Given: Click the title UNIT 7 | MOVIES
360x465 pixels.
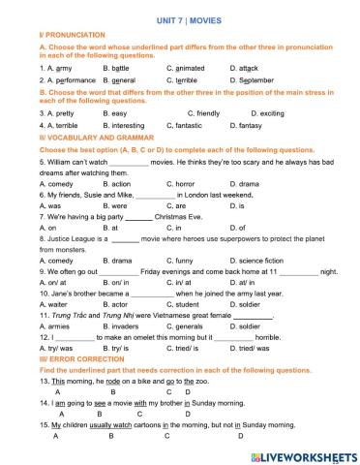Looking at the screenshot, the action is point(180,19).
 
